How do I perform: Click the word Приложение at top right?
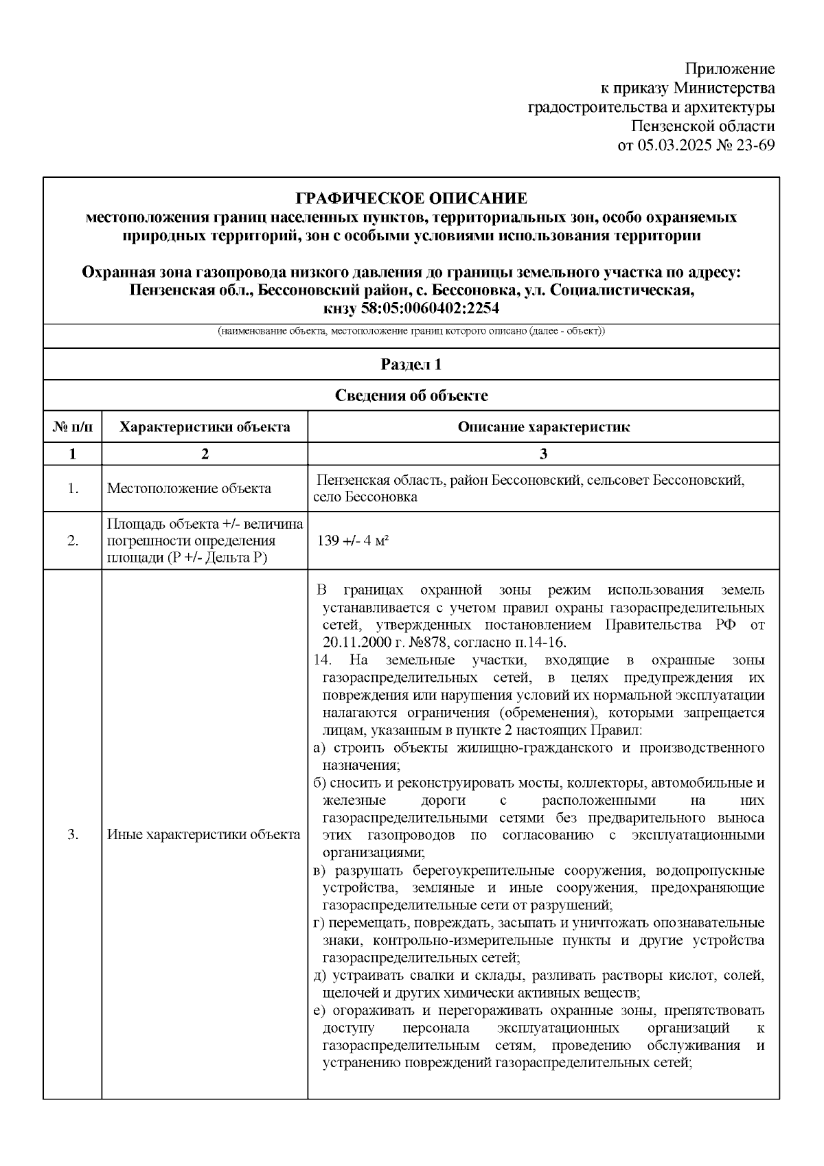click(730, 69)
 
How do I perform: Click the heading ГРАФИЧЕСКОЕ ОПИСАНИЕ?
click(411, 199)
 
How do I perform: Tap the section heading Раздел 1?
click(411, 365)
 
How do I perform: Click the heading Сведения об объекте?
click(411, 396)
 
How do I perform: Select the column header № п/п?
click(73, 427)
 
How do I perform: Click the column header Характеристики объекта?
click(205, 427)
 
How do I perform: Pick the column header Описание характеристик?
click(543, 427)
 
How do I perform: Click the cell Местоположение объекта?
click(189, 489)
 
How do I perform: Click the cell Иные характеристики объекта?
click(204, 835)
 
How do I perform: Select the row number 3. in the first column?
click(73, 835)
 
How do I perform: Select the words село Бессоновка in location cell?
click(365, 497)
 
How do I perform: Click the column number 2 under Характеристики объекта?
click(205, 454)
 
